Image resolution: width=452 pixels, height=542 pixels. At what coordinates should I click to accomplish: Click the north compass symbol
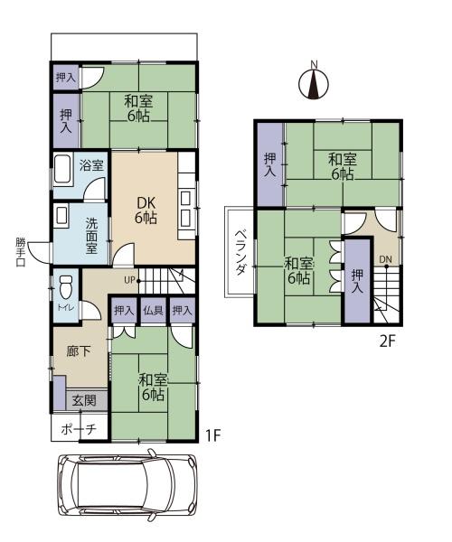[314, 81]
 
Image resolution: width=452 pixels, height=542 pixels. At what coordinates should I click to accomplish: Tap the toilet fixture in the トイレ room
[66, 286]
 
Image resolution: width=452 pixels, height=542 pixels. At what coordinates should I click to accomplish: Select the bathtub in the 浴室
[62, 171]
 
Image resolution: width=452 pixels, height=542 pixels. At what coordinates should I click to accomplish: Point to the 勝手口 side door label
[21, 252]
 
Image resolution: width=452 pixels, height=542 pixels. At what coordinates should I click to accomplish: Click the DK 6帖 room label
[146, 210]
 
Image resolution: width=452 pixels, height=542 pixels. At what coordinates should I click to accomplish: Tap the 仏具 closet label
[153, 310]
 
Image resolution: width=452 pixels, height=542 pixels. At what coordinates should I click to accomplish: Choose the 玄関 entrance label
[84, 400]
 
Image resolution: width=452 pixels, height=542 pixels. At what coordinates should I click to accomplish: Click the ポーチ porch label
[79, 429]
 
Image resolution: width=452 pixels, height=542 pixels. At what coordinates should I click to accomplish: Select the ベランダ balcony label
[240, 252]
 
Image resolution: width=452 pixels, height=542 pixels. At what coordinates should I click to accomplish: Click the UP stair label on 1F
[129, 280]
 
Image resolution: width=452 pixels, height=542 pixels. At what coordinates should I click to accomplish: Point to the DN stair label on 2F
[385, 259]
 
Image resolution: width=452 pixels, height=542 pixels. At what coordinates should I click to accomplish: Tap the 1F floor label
[212, 435]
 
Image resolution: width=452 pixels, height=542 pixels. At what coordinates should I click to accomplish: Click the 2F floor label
[387, 341]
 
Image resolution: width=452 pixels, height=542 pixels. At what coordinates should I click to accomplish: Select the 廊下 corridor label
[79, 352]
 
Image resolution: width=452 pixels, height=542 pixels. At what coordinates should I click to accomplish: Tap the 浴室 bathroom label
[91, 165]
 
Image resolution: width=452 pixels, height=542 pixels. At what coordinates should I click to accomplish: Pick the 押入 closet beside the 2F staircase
[358, 281]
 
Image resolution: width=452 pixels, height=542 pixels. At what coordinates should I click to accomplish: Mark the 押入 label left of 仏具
[124, 310]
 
